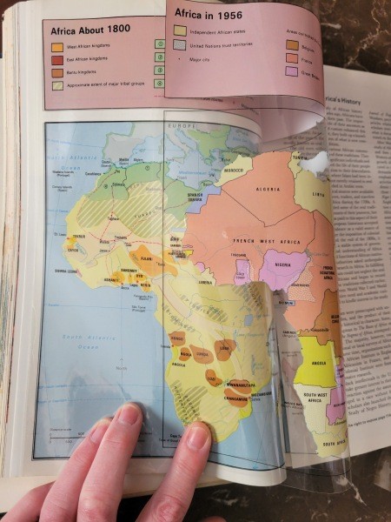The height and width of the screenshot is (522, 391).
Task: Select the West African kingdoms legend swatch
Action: point(56,47)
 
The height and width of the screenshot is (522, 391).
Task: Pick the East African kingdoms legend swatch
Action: point(56,60)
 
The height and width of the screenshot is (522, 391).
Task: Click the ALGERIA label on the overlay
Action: point(267,188)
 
